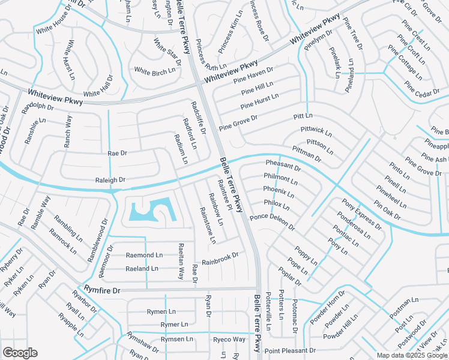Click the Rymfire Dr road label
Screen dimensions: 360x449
[102, 290]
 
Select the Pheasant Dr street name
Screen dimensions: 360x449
[283, 166]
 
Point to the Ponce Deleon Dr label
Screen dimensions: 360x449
[273, 221]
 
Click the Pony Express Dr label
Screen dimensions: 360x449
[361, 214]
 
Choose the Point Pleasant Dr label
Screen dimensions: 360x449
[290, 350]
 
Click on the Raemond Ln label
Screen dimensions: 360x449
[144, 255]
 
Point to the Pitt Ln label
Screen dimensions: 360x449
[303, 115]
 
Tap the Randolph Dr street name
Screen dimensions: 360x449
[37, 109]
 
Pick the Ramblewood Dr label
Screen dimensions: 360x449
[97, 239]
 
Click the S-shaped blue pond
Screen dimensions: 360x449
[151, 211]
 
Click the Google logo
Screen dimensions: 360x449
[20, 353]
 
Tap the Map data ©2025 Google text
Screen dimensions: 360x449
[411, 355]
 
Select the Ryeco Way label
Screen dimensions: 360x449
[229, 340]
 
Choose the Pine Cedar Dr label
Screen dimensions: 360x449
[423, 90]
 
